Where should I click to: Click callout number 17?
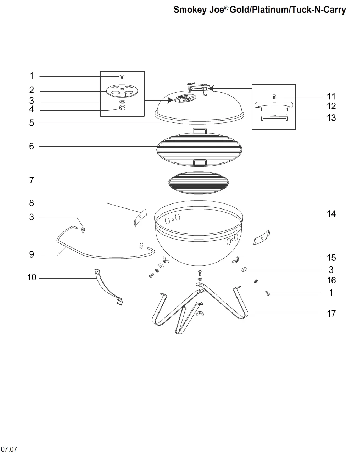click(x=331, y=314)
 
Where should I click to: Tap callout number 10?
click(x=32, y=277)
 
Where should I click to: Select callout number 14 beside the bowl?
click(x=331, y=214)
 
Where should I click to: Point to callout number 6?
click(x=32, y=146)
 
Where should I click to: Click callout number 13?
click(x=331, y=118)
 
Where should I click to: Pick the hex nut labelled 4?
click(x=122, y=108)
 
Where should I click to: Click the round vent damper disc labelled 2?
click(x=122, y=91)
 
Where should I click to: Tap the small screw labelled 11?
click(x=274, y=97)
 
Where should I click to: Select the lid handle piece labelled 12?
click(x=274, y=106)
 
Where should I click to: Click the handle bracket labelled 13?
click(x=274, y=117)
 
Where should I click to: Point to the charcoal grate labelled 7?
click(x=199, y=183)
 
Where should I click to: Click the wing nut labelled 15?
click(x=235, y=260)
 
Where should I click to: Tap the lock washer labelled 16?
click(x=256, y=281)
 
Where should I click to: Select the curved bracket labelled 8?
click(x=140, y=218)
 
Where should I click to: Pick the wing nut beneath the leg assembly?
click(x=200, y=314)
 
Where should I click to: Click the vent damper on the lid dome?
click(x=185, y=98)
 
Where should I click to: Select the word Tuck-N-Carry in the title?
click(x=318, y=10)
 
